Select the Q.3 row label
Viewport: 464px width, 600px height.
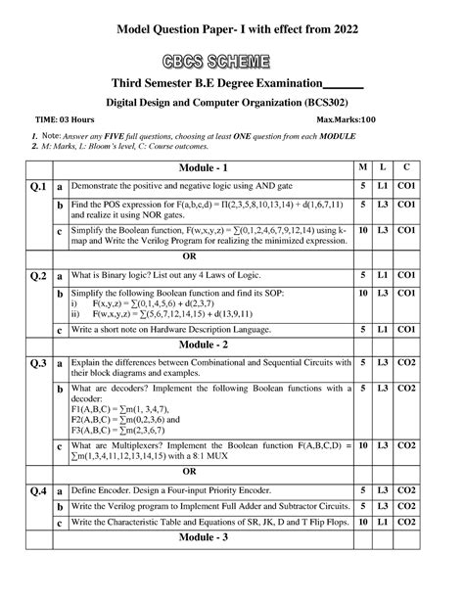(38, 364)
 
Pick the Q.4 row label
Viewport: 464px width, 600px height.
(38, 489)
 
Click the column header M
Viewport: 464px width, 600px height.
(363, 169)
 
